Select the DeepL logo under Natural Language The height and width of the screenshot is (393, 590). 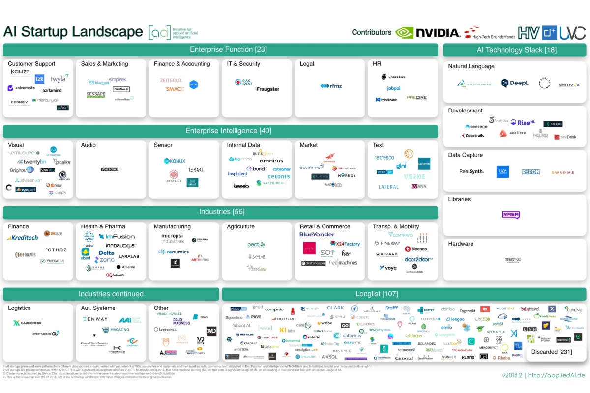point(515,83)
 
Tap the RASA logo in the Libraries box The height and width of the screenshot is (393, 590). point(511,215)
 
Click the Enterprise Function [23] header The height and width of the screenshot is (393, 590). point(220,50)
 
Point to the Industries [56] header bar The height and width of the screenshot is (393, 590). point(220,212)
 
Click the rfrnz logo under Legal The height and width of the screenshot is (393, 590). point(331,86)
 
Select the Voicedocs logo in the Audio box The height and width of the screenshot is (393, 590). point(110,169)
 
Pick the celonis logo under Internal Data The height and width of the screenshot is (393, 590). point(279,177)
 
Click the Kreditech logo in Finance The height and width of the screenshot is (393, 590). point(22,238)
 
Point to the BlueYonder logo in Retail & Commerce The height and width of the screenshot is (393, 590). point(317,235)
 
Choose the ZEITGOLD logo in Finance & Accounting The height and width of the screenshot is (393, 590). point(171,80)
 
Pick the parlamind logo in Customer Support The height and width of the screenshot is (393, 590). point(52,91)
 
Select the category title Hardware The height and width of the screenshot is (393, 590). point(461,244)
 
